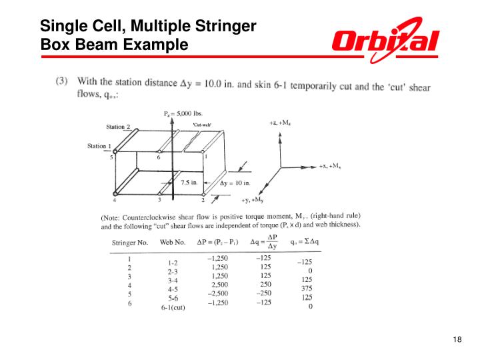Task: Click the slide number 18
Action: [457, 341]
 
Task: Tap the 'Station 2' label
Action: [119, 127]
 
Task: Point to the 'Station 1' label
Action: [101, 146]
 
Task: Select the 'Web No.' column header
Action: [173, 242]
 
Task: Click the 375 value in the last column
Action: [306, 288]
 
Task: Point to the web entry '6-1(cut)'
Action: [173, 308]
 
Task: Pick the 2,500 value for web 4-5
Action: [217, 284]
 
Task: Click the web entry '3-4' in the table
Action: [173, 281]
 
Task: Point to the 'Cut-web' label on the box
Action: [202, 125]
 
